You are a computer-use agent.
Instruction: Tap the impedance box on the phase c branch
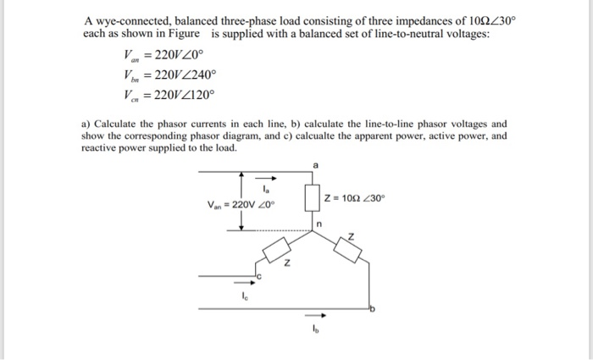pyautogui.click(x=280, y=251)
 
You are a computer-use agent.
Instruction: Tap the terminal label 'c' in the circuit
pyautogui.click(x=262, y=276)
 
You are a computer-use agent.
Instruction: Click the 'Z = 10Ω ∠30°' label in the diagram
pyautogui.click(x=354, y=198)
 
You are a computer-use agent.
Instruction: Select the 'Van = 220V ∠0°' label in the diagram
pyautogui.click(x=241, y=204)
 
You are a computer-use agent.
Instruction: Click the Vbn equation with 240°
pyautogui.click(x=169, y=75)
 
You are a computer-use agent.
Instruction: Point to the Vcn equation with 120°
pyautogui.click(x=169, y=95)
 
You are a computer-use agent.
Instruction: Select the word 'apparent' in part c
pyautogui.click(x=351, y=136)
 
